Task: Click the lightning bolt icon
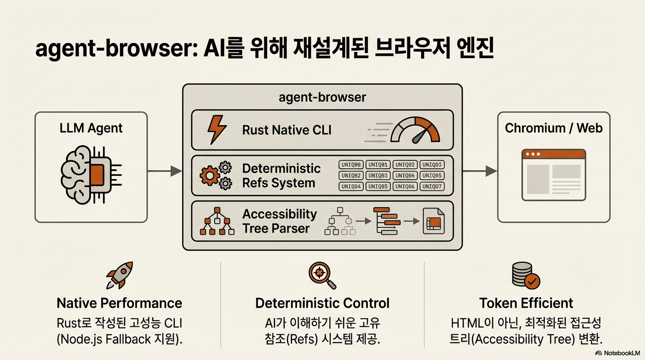[x=217, y=129]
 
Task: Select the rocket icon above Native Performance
[x=120, y=275]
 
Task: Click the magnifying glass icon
[x=322, y=275]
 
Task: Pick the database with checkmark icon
[x=526, y=275]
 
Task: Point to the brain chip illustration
[x=91, y=175]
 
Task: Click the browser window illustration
[x=554, y=175]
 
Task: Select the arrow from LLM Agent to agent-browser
[x=165, y=171]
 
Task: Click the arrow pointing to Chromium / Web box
[x=480, y=171]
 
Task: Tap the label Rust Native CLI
[x=286, y=130]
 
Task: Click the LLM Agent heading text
[x=91, y=128]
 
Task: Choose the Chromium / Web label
[x=554, y=128]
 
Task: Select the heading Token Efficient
[x=526, y=303]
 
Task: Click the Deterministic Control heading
[x=322, y=303]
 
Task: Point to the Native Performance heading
[x=119, y=303]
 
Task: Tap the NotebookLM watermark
[x=618, y=353]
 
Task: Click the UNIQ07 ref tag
[x=432, y=187]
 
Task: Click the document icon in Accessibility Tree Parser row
[x=433, y=221]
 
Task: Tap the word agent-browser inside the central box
[x=322, y=97]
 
